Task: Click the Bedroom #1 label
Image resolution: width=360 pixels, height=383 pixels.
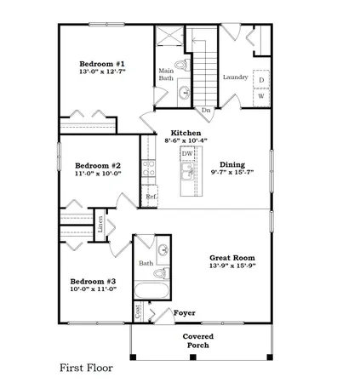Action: tap(102, 65)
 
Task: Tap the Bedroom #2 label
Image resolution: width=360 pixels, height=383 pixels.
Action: tap(96, 166)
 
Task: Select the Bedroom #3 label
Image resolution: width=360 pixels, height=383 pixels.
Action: tap(93, 281)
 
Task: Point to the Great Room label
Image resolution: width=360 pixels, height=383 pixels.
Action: tap(231, 258)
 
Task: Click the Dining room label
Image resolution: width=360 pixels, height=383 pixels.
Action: tap(231, 163)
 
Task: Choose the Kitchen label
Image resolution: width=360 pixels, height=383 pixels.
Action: tap(186, 134)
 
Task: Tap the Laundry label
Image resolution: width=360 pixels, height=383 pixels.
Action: tap(234, 77)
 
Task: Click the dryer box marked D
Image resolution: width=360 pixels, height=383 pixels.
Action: tap(261, 80)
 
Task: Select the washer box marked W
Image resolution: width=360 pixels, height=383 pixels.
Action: tap(261, 95)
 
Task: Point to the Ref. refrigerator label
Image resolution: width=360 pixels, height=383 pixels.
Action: tap(151, 197)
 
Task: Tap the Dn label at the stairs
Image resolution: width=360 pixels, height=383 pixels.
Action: tap(205, 110)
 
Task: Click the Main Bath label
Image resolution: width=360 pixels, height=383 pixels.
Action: tap(166, 75)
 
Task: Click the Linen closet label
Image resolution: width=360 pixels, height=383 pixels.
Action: tap(100, 225)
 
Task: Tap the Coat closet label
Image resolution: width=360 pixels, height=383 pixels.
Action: tap(138, 311)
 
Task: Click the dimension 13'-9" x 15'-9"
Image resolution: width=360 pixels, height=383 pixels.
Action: tap(231, 266)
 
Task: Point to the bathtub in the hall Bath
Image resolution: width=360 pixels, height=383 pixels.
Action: tap(156, 293)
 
